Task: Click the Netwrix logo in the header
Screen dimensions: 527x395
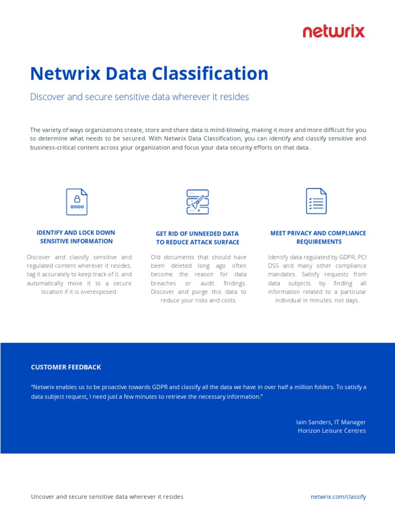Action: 334,31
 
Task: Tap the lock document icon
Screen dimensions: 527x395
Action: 77,201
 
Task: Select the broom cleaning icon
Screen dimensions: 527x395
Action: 197,201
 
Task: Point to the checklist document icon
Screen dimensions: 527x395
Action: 316,201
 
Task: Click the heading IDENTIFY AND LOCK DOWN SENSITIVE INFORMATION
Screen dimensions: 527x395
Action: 76,237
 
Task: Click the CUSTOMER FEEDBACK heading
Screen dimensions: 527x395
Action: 66,367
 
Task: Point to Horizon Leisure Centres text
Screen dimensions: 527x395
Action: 332,431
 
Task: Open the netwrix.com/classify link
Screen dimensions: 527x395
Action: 338,497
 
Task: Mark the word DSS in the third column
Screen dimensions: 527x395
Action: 274,266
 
